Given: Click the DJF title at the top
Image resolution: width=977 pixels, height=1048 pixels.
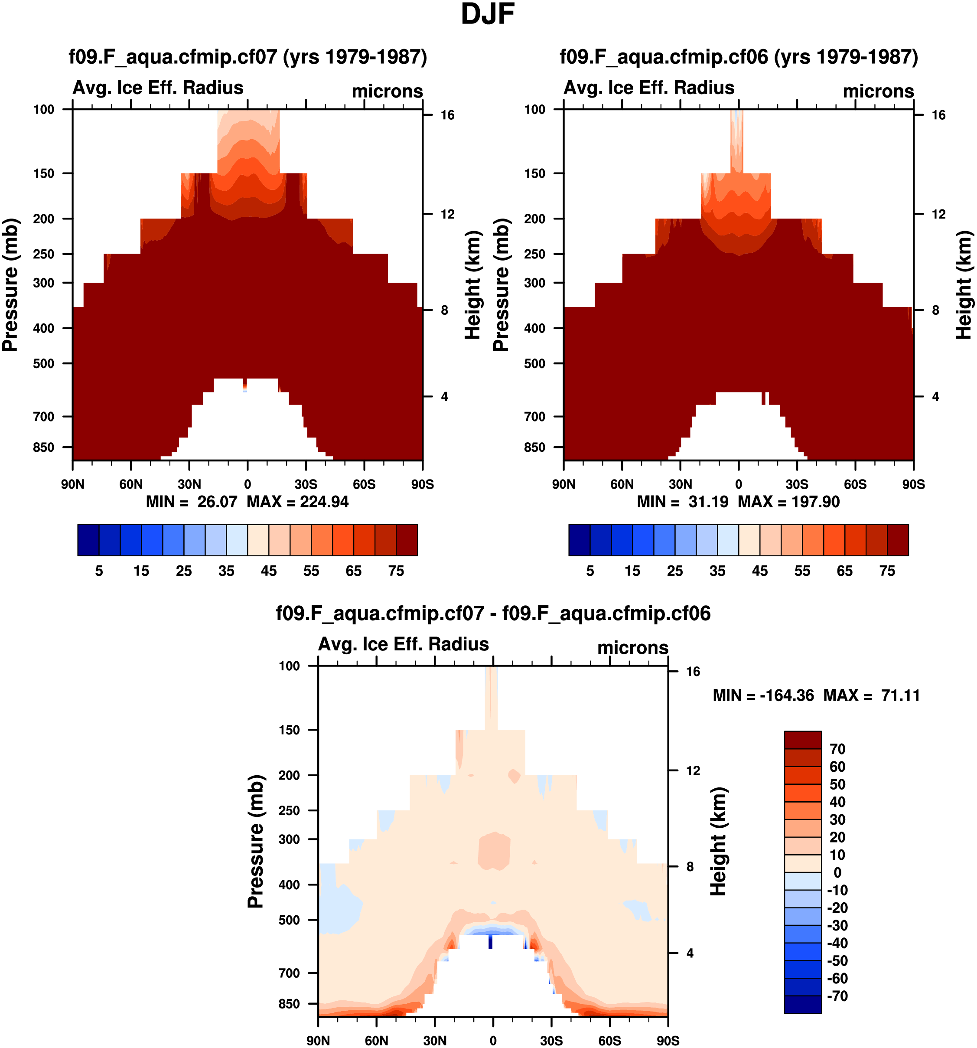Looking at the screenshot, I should [x=488, y=14].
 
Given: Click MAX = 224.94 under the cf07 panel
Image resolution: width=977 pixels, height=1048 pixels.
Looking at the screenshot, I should [x=298, y=501].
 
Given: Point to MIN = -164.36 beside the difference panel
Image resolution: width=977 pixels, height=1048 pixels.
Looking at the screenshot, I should [x=763, y=695].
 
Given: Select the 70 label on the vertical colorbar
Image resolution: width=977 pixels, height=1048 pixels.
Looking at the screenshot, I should [x=837, y=749].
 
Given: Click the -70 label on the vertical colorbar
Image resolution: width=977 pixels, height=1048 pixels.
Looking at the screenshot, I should [x=837, y=996].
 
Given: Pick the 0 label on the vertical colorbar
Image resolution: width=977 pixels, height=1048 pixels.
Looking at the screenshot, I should [x=837, y=872].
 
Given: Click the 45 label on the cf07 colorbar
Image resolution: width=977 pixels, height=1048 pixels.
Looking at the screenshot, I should [x=269, y=571].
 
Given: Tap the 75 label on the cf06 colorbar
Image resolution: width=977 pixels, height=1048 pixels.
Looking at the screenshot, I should [x=887, y=571].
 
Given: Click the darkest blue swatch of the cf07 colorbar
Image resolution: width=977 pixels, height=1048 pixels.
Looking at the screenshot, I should [x=88, y=540].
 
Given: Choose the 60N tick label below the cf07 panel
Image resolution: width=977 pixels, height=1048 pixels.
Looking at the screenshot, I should [x=131, y=484].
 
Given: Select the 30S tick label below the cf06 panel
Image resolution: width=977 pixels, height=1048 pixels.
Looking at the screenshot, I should [x=797, y=484].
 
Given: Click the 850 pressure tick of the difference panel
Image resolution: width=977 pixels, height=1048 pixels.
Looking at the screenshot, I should [x=289, y=1004].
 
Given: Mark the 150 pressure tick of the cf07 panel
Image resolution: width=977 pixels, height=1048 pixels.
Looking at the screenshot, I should [x=44, y=173].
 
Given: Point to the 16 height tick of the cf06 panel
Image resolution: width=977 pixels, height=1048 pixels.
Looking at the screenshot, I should [x=938, y=115].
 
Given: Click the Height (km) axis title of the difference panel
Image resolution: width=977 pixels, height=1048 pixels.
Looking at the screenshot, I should [x=718, y=841].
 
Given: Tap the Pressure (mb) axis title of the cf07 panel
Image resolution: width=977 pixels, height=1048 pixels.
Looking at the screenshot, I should [x=10, y=285].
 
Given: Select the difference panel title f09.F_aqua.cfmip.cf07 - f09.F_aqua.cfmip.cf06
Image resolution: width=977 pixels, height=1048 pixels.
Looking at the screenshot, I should [x=493, y=614].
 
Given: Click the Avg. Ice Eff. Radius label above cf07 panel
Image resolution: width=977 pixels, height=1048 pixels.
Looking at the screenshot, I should [x=158, y=88].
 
